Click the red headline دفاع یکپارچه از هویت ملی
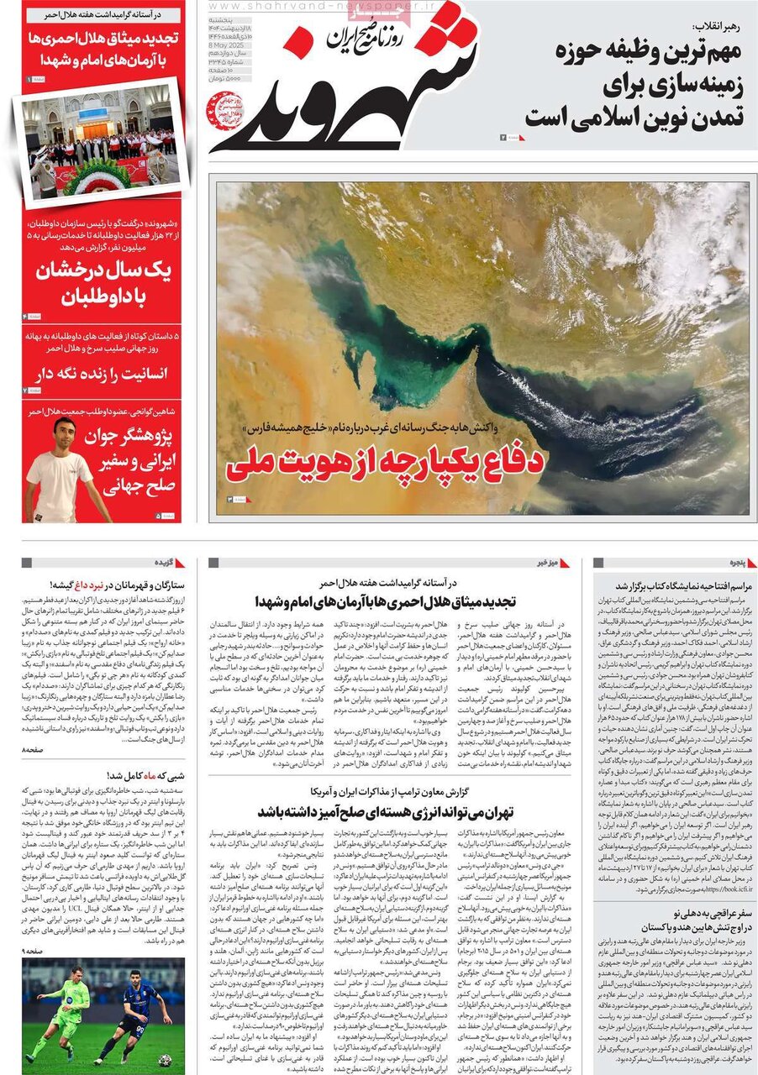point(386,463)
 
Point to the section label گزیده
point(165,563)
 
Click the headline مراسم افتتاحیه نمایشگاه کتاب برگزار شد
point(676,585)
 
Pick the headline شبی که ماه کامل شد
point(148,776)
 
